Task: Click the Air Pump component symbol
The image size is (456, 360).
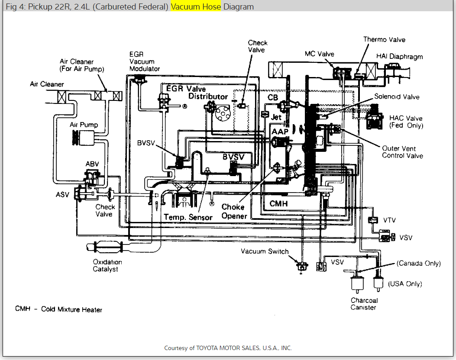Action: [84, 138]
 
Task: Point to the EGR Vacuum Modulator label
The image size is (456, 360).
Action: [144, 61]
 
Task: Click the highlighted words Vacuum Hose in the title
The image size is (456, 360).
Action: [196, 6]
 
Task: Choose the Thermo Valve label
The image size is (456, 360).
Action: [384, 39]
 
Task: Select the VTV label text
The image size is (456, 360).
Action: [389, 220]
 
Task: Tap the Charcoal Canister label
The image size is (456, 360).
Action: [364, 304]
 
